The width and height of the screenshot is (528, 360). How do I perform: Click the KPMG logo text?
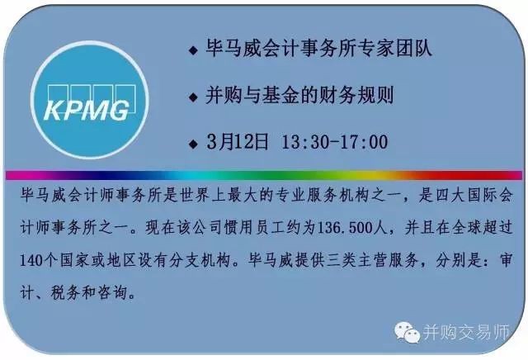[87, 110]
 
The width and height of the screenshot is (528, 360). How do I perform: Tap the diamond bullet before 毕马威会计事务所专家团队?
[193, 50]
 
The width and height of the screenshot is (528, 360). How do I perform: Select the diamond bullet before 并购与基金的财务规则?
[193, 97]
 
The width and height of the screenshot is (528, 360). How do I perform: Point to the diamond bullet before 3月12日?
[193, 144]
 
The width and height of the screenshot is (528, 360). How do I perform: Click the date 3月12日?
[238, 141]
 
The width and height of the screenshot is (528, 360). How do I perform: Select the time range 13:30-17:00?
[334, 142]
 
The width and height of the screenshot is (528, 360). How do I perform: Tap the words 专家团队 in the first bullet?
[394, 48]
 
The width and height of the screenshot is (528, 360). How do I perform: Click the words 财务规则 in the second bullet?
[356, 95]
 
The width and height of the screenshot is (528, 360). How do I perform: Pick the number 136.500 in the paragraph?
[347, 228]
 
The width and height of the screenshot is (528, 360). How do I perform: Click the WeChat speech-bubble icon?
[407, 332]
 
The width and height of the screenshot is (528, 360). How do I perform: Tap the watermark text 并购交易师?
[465, 332]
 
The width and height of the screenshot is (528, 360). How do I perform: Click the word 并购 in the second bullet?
[224, 95]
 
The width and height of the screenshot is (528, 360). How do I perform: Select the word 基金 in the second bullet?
[280, 95]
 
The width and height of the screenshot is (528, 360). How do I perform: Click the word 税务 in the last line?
[66, 292]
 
